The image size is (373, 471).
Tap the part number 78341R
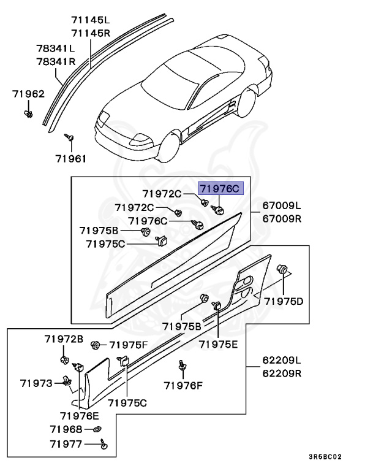[x=55, y=61]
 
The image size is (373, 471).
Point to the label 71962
[x=29, y=94]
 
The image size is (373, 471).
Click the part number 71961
[x=71, y=158]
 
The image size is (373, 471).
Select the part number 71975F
[x=127, y=345]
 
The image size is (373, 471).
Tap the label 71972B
[x=63, y=339]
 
